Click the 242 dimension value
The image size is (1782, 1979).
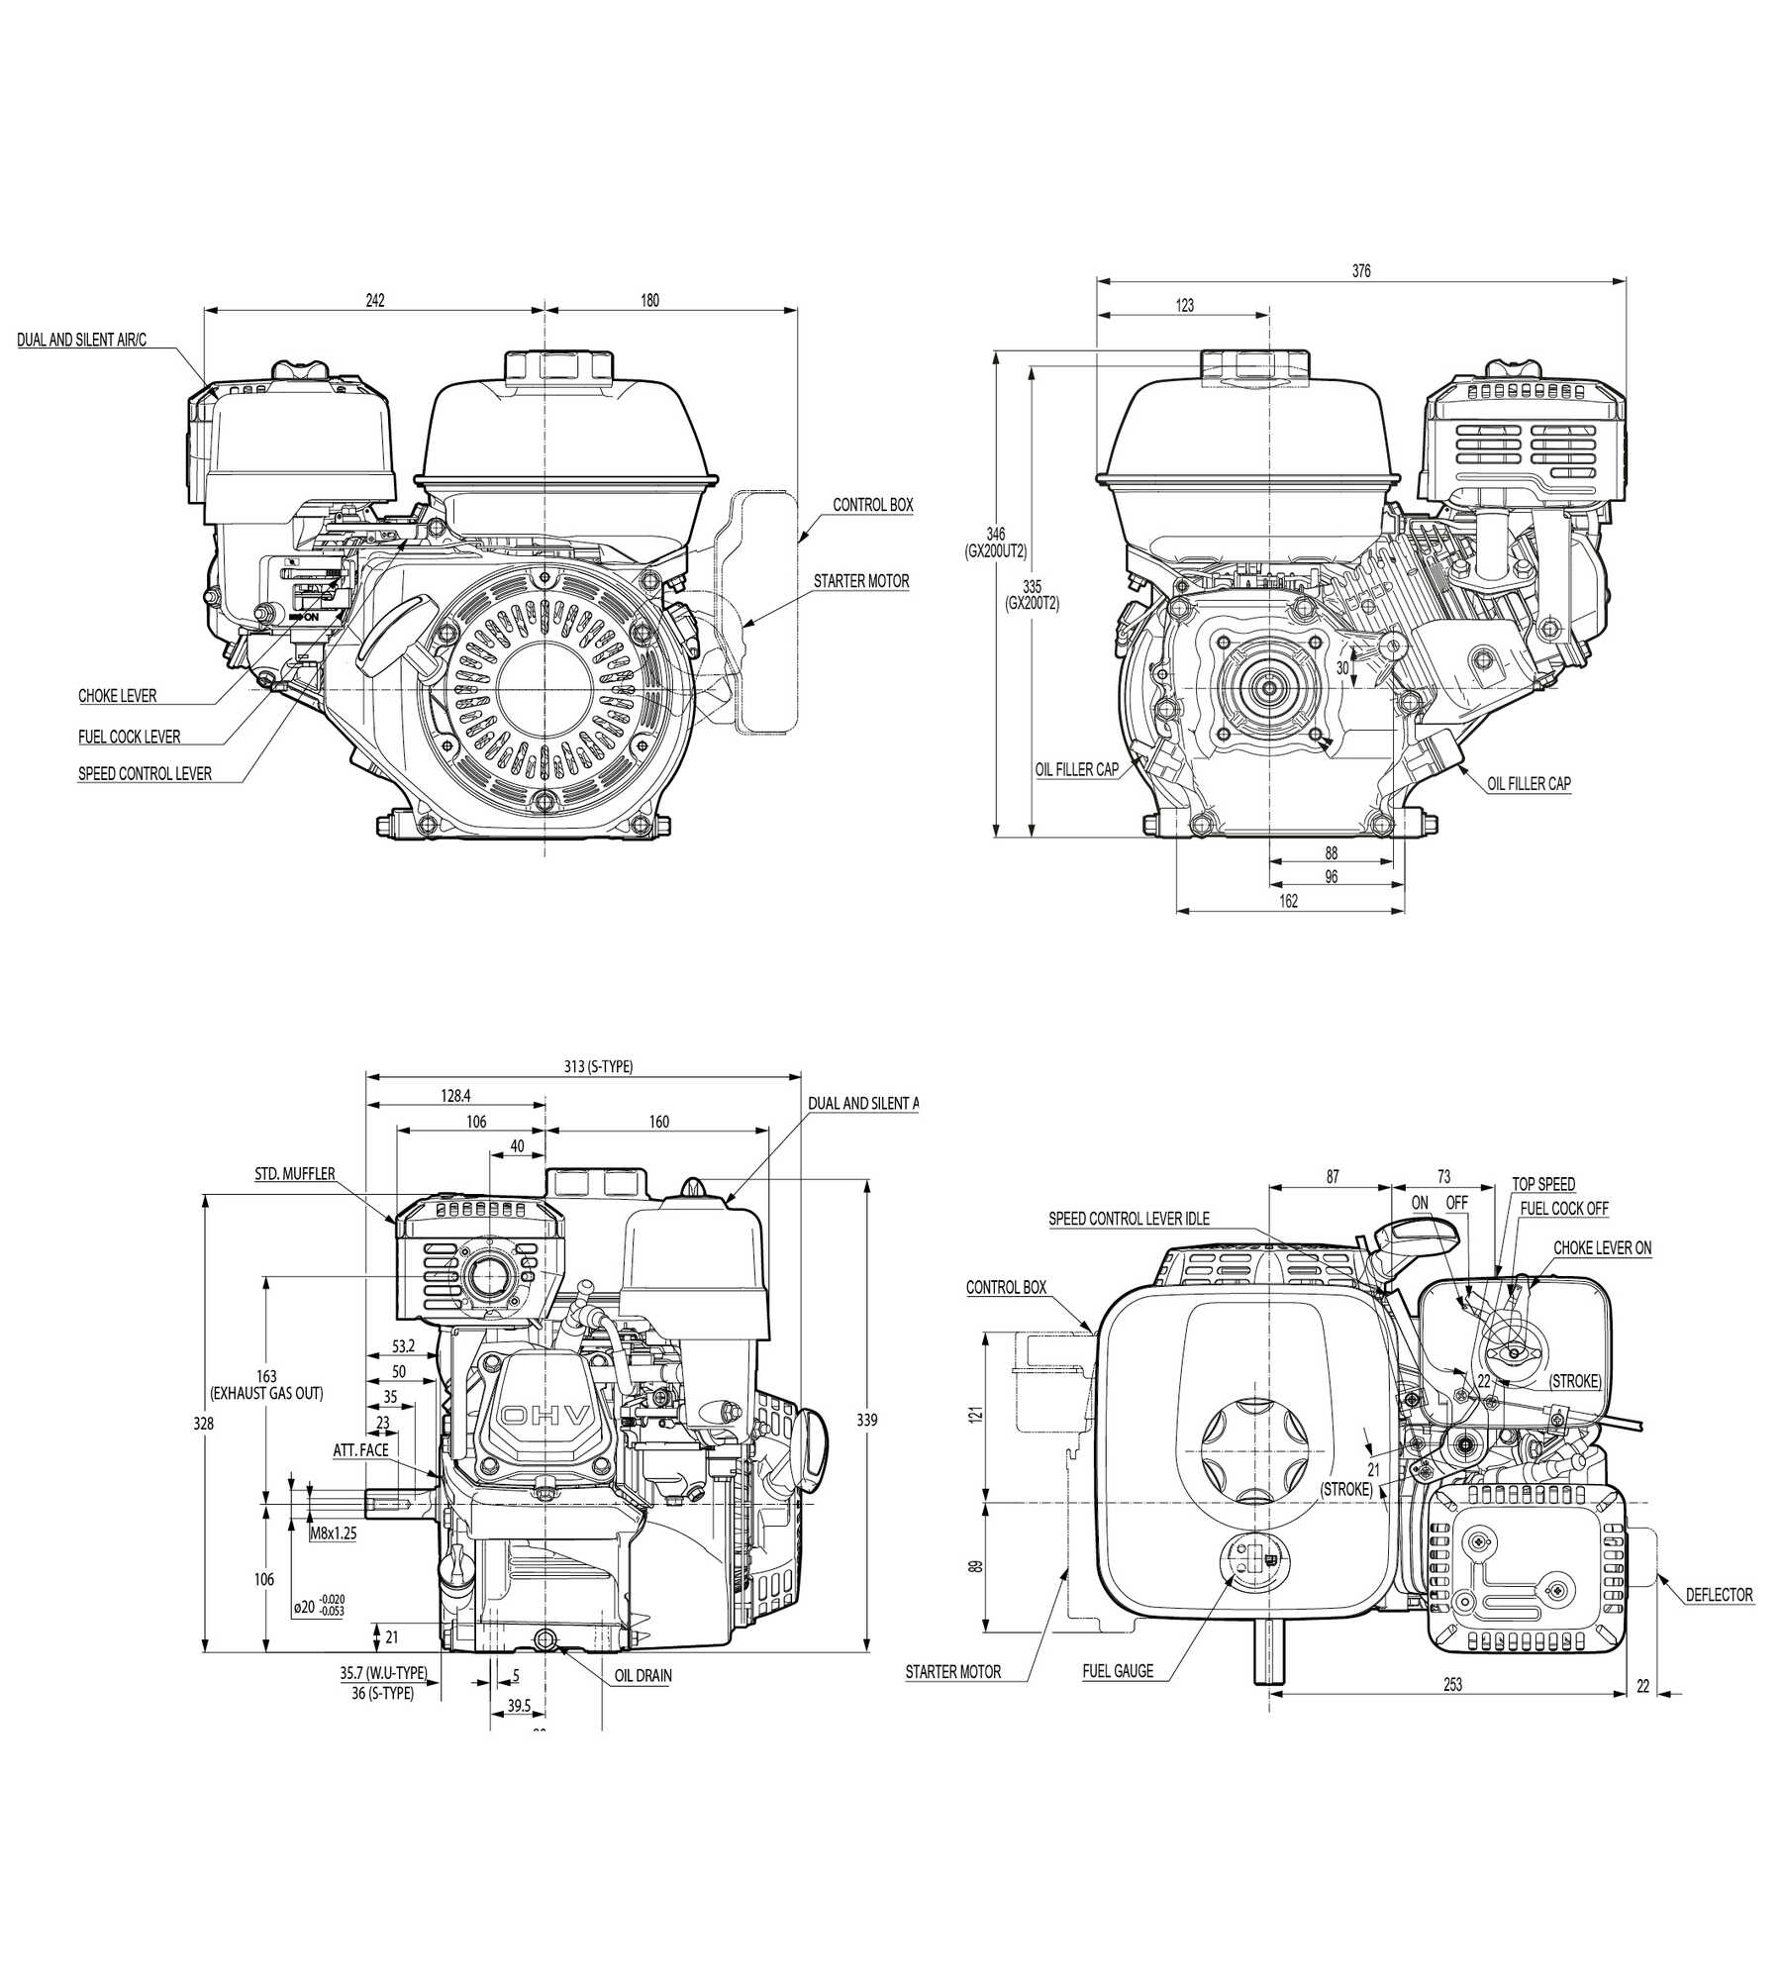click(x=374, y=300)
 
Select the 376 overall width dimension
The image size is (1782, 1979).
click(x=1361, y=270)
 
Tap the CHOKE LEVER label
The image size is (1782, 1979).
click(x=118, y=696)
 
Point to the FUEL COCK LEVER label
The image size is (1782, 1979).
click(x=130, y=737)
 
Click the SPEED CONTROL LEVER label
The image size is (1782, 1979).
click(x=145, y=773)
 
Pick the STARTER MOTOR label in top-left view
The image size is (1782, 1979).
click(x=861, y=581)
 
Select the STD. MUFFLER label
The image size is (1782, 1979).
click(x=295, y=1174)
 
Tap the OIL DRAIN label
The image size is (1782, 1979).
click(x=643, y=1676)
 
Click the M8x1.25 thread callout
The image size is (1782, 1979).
click(x=333, y=1534)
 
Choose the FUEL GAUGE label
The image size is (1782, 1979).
click(x=1118, y=1671)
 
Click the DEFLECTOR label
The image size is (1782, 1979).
click(x=1720, y=1595)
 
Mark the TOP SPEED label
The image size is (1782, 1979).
click(x=1543, y=1184)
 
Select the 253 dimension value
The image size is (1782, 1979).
click(x=1452, y=1684)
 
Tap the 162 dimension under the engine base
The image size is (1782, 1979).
click(x=1288, y=901)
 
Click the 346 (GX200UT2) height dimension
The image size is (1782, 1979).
click(x=996, y=543)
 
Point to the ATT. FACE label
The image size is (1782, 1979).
click(x=360, y=1450)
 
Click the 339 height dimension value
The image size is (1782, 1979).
click(x=866, y=1420)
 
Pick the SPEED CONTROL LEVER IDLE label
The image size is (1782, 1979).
click(x=1129, y=1219)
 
